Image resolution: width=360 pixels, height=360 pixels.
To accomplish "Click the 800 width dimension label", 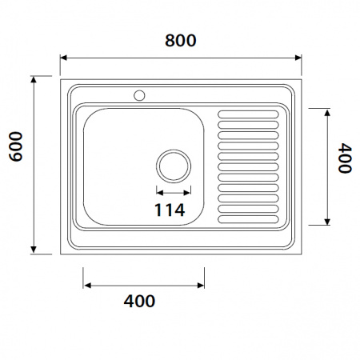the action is (x=181, y=41).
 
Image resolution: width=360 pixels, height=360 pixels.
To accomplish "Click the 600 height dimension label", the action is (x=16, y=146).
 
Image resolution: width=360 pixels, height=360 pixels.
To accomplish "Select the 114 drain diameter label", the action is (x=170, y=210).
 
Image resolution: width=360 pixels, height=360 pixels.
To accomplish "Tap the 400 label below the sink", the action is (x=139, y=301).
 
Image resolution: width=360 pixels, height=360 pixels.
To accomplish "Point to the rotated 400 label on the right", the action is (x=345, y=158).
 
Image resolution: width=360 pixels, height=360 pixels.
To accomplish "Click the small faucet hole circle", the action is (x=139, y=95).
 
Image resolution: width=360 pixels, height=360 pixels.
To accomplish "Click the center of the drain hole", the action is (x=174, y=166).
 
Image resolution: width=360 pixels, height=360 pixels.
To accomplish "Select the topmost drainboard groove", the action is (x=248, y=114).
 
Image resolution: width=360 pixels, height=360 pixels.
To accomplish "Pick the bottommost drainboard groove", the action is (x=248, y=219).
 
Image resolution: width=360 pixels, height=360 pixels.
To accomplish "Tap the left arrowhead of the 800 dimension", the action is (x=63, y=58).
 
